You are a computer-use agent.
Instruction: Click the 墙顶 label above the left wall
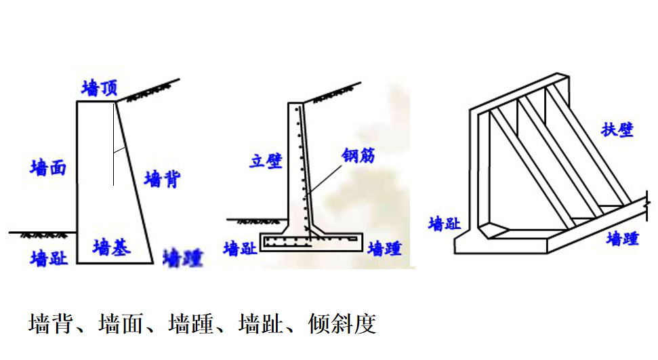click(100, 88)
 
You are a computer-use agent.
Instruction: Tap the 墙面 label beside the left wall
click(48, 167)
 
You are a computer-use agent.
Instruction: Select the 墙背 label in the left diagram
click(163, 180)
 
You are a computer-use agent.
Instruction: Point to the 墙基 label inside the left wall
click(112, 246)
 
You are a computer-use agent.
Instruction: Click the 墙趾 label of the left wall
click(49, 258)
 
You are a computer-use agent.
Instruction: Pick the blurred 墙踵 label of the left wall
click(184, 258)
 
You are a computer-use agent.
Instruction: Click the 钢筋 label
click(358, 156)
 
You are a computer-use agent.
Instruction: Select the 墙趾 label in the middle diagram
click(241, 248)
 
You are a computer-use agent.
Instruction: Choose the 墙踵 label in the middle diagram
click(384, 249)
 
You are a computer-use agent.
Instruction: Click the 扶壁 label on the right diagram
click(617, 129)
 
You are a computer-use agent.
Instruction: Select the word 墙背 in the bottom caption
click(50, 323)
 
